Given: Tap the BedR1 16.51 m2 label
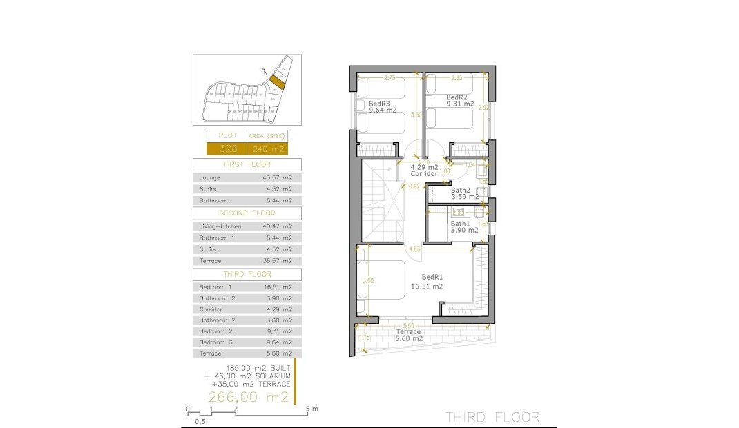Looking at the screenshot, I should (x=427, y=282).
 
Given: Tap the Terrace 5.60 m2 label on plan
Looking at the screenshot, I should (x=407, y=335).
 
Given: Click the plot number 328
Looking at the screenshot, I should (x=228, y=148).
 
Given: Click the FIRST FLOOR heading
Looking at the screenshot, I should (x=247, y=164).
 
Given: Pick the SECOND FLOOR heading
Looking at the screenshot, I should (x=247, y=213).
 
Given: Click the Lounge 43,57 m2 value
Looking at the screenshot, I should (x=278, y=178).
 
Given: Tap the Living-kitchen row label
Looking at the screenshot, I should (x=215, y=226).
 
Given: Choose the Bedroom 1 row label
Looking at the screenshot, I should (x=215, y=286).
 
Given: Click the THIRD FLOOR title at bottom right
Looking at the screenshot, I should (x=492, y=417).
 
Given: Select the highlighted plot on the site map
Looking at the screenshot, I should (x=276, y=82).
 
